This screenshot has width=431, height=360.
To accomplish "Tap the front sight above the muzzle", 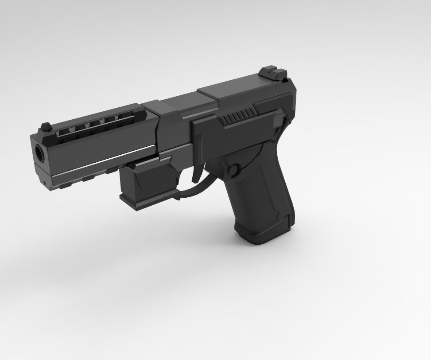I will point(45,126).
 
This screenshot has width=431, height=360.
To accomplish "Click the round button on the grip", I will point(233,170).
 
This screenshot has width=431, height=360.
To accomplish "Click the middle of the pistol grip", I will point(257,195).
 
